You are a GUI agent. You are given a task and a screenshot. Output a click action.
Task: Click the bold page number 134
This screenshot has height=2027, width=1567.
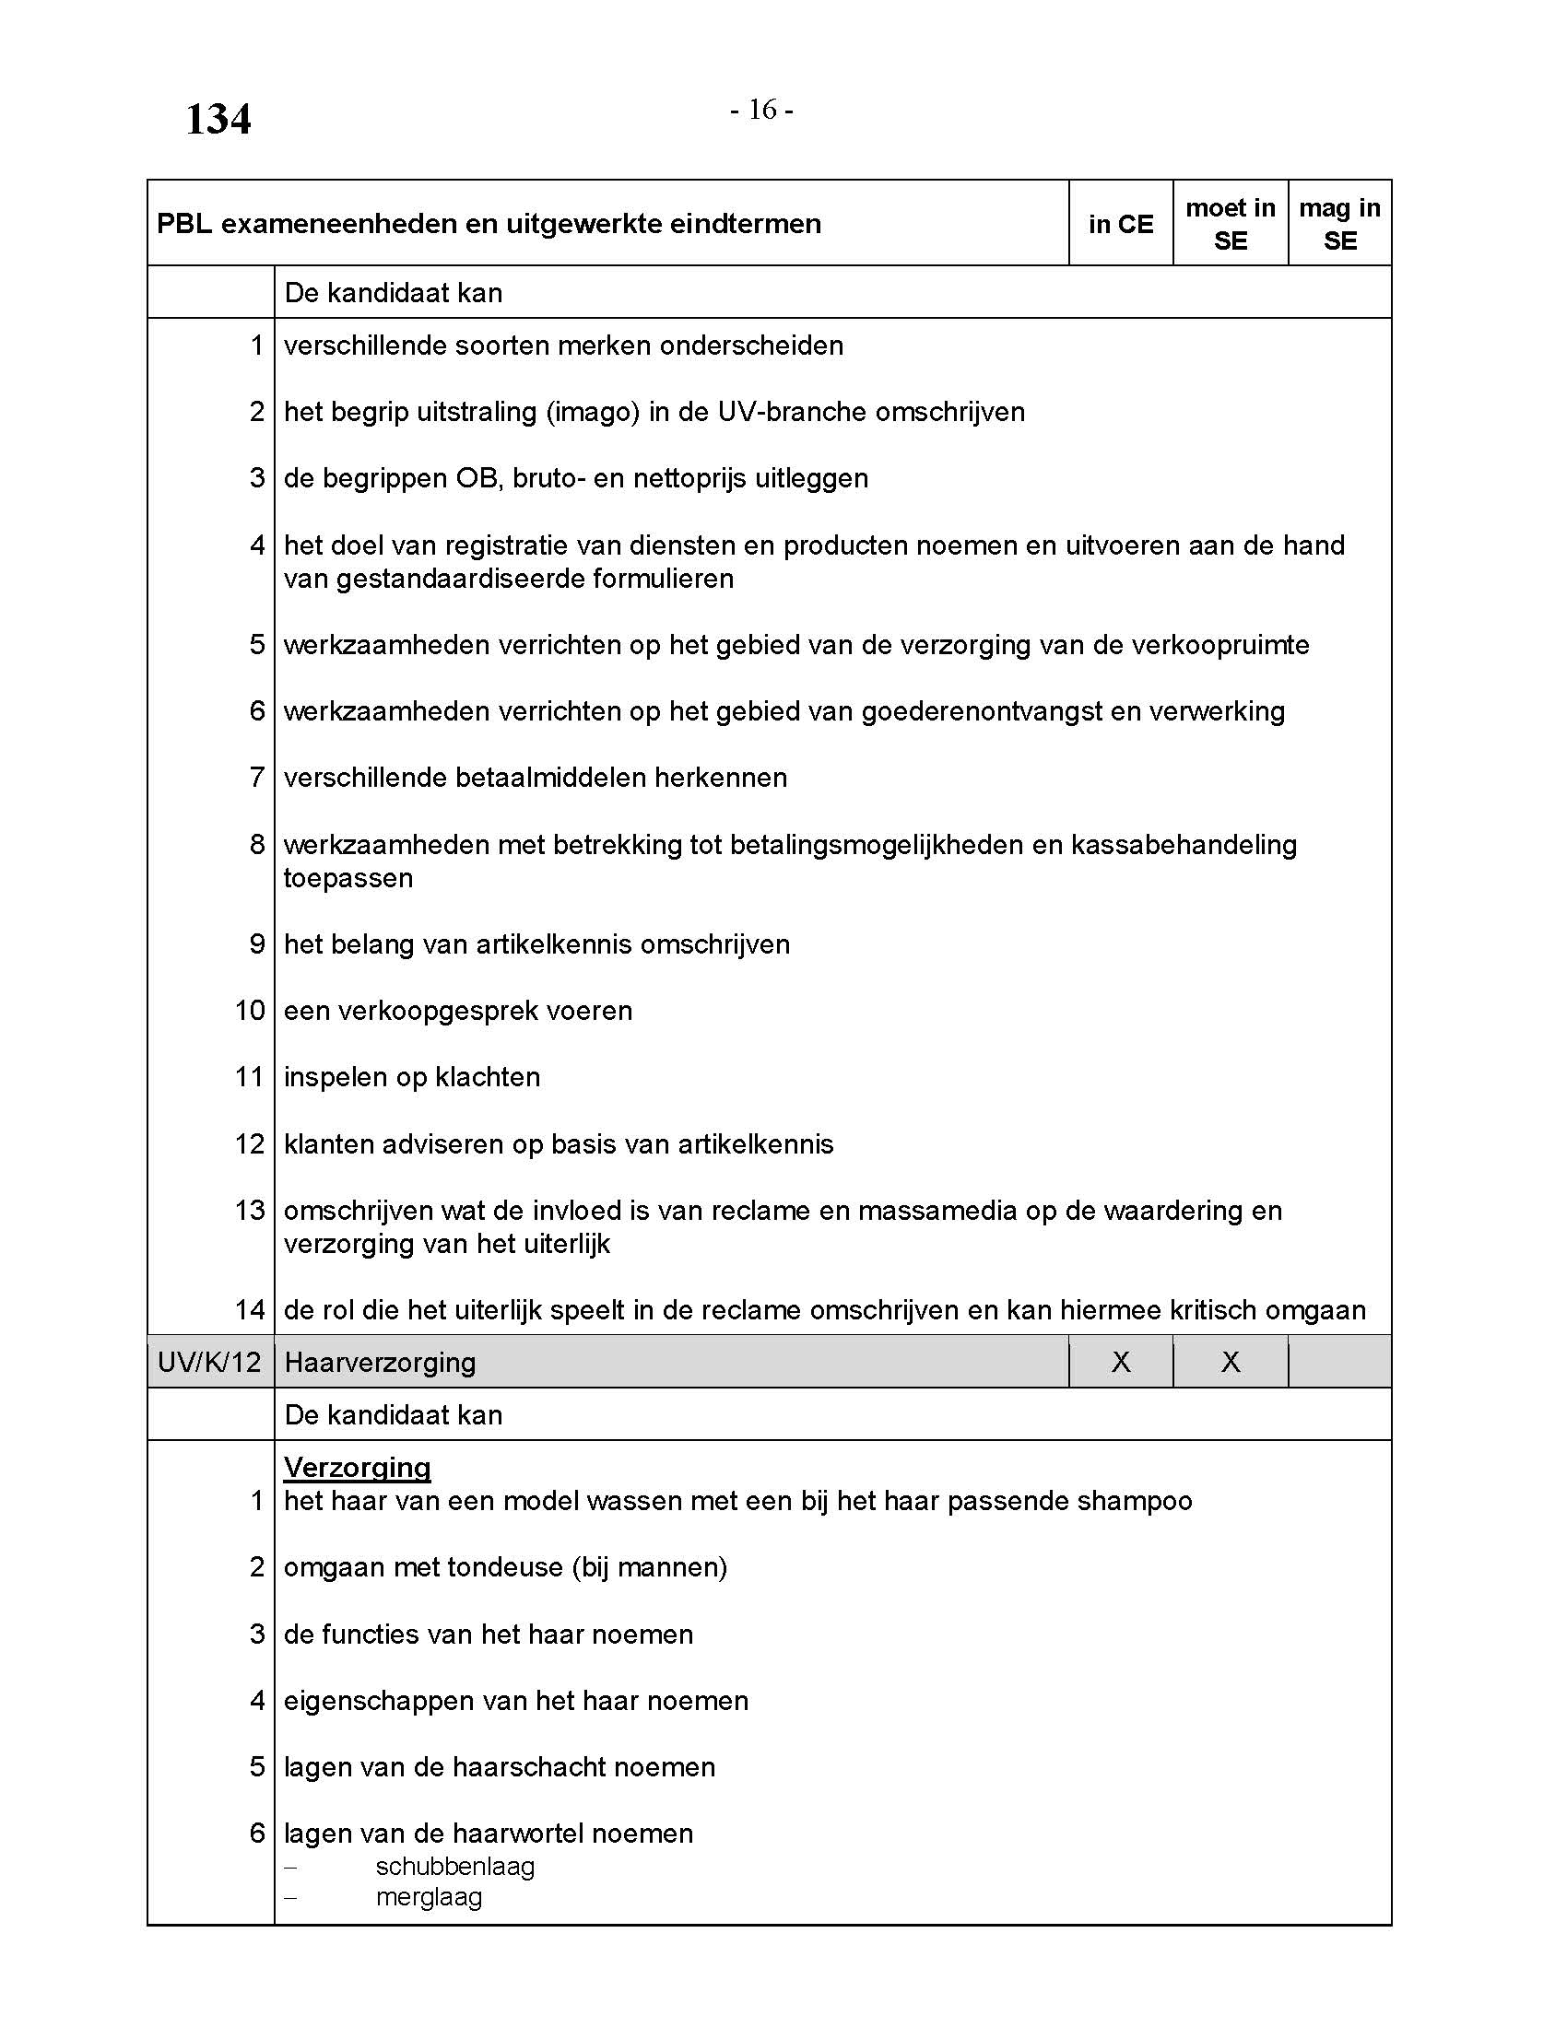[x=218, y=120]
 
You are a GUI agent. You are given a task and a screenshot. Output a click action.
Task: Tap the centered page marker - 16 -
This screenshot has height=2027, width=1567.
[x=761, y=110]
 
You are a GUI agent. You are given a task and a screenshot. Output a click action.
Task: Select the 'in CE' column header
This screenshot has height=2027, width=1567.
[x=1121, y=224]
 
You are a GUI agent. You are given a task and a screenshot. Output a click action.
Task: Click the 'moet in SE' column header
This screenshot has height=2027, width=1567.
[x=1230, y=224]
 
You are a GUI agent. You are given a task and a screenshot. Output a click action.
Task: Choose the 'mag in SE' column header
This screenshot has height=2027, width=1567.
[x=1339, y=224]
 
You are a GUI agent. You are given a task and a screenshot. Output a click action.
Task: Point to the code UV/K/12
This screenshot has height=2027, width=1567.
[x=210, y=1362]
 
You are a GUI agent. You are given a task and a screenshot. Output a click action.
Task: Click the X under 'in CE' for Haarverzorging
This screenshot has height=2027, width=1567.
[x=1121, y=1362]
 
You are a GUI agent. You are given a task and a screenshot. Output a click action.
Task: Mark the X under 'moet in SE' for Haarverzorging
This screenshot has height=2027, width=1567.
[x=1230, y=1362]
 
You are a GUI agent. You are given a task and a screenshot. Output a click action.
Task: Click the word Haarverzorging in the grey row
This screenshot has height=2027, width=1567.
[x=380, y=1362]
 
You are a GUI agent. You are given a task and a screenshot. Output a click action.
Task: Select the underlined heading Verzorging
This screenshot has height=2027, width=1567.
[x=358, y=1467]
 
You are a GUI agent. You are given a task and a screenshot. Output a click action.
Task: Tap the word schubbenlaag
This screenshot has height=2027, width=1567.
[x=454, y=1866]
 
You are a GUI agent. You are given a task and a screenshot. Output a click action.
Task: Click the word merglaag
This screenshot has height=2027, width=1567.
[x=429, y=1896]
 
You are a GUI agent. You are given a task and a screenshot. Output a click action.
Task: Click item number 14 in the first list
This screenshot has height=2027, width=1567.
[x=250, y=1309]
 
